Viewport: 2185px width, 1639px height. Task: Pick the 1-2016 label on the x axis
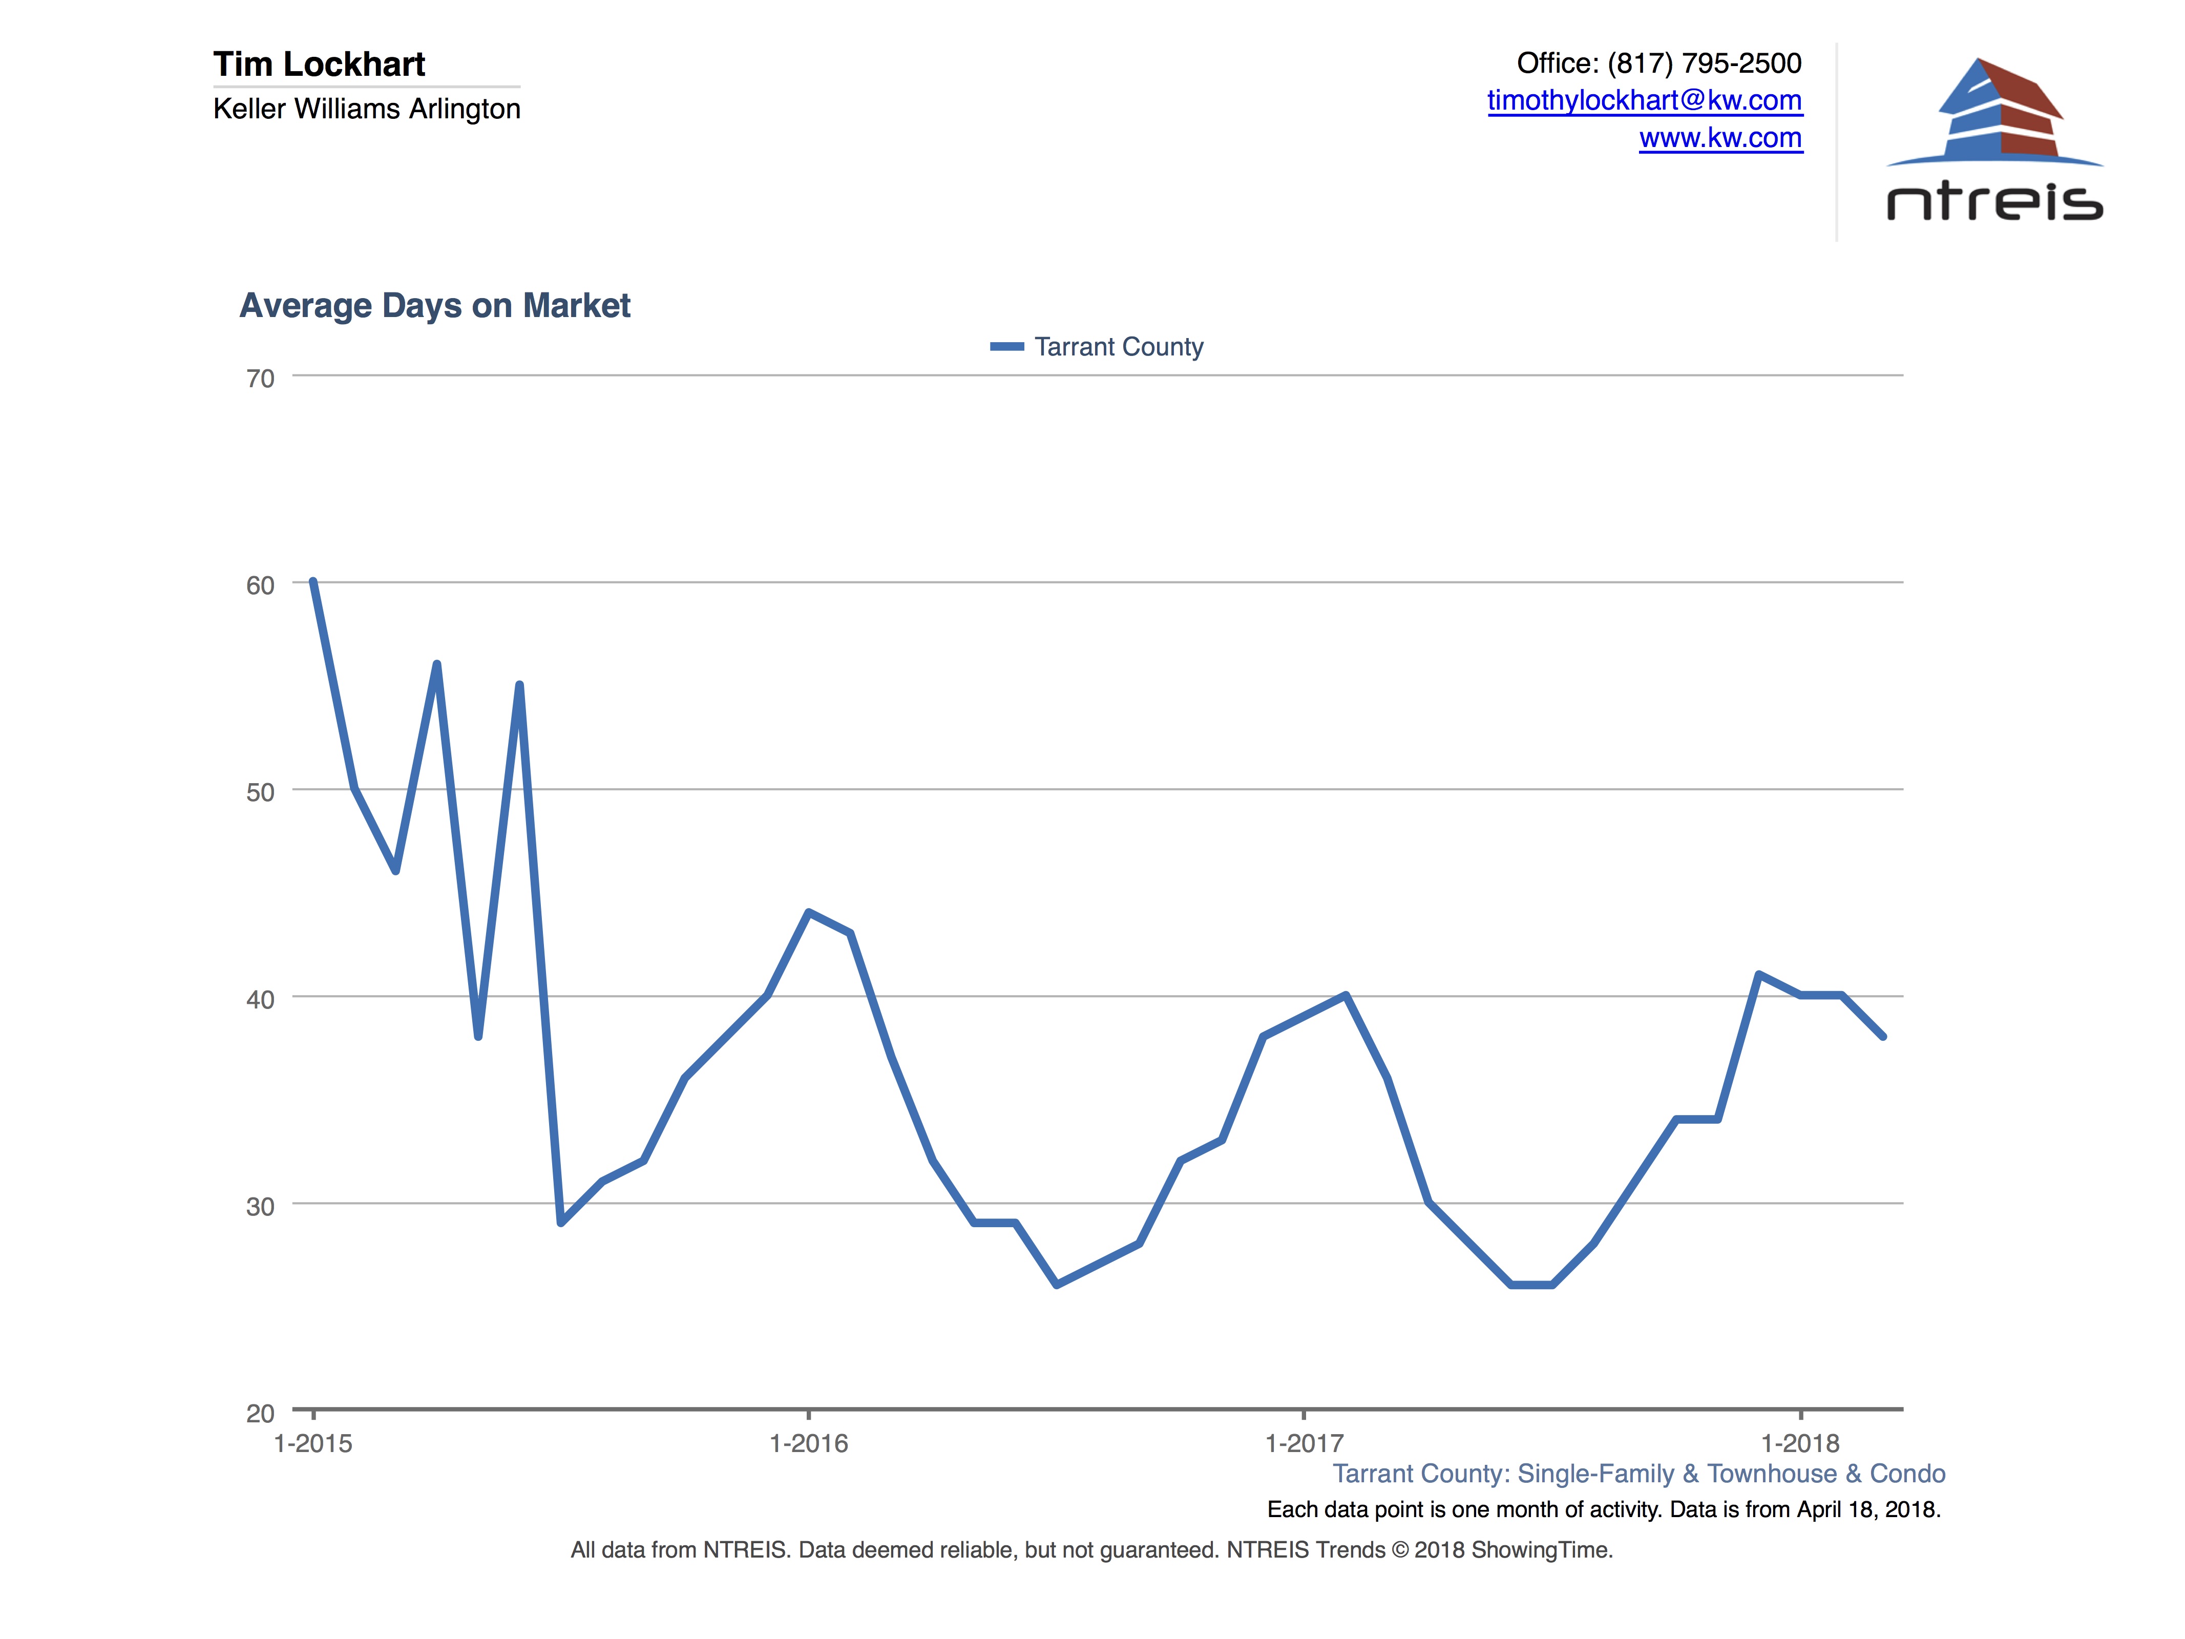[x=808, y=1443]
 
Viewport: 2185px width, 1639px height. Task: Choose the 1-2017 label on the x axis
[x=1304, y=1443]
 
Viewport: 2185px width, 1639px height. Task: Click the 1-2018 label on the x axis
[x=1800, y=1443]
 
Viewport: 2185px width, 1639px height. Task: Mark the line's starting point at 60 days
[x=313, y=582]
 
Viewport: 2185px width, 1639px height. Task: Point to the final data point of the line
[x=1883, y=1036]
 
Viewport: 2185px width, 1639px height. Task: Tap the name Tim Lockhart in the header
[x=319, y=64]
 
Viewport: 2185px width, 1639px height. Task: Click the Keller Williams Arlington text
[x=367, y=109]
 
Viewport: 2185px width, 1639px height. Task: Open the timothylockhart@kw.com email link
[x=1645, y=101]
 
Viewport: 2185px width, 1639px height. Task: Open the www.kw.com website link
[x=1721, y=138]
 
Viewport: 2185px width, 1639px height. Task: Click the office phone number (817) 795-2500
[x=1704, y=63]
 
